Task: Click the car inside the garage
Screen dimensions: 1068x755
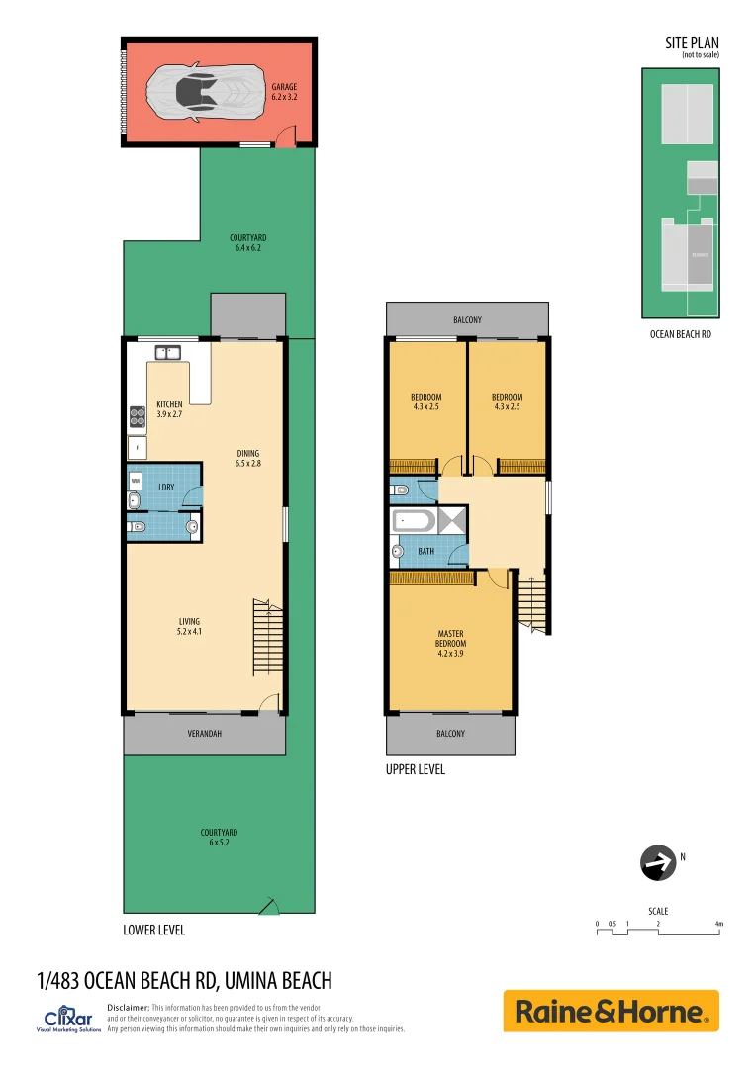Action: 205,93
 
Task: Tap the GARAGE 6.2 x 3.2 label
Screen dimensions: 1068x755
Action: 284,93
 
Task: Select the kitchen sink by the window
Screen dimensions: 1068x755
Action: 165,351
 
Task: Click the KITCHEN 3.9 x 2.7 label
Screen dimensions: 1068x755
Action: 169,409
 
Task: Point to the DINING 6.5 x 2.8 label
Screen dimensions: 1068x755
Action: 247,458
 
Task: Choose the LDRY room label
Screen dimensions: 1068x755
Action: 166,488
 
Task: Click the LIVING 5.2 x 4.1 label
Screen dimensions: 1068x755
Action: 189,626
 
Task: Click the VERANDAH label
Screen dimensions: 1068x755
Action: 204,734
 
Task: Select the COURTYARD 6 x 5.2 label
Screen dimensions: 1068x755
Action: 219,838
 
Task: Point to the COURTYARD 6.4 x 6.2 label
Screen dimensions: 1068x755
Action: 247,243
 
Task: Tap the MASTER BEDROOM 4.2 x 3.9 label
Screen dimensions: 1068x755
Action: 450,643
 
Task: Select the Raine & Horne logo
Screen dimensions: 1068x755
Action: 611,1012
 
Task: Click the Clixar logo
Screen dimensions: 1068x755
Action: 68,1020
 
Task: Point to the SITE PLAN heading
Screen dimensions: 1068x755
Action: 692,43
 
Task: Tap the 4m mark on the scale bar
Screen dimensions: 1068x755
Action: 719,924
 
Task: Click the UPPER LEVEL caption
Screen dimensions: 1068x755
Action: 415,769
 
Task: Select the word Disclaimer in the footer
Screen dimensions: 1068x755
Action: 128,1007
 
